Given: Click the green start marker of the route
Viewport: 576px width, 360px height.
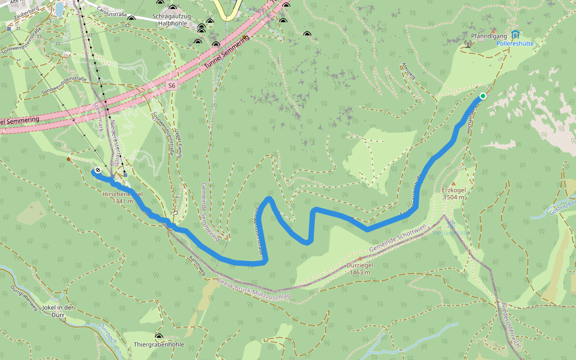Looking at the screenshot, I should pyautogui.click(x=482, y=95).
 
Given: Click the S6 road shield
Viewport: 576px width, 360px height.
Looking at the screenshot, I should pyautogui.click(x=172, y=86).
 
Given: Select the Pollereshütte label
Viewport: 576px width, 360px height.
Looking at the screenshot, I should pyautogui.click(x=515, y=44).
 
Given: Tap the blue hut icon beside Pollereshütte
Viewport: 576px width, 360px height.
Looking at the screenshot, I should pyautogui.click(x=515, y=34).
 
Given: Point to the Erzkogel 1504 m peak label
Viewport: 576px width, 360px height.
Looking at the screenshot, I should pyautogui.click(x=454, y=193).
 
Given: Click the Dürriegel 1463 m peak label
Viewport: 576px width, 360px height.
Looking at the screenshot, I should pyautogui.click(x=359, y=268).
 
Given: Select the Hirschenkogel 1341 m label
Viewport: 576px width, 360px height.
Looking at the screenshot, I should pyautogui.click(x=122, y=197).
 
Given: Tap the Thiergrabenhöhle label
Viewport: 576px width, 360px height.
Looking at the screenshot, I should pyautogui.click(x=159, y=345).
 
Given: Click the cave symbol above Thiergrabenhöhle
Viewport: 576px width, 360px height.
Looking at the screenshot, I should pyautogui.click(x=159, y=337).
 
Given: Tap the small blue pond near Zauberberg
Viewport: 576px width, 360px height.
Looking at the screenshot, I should pyautogui.click(x=59, y=8).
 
